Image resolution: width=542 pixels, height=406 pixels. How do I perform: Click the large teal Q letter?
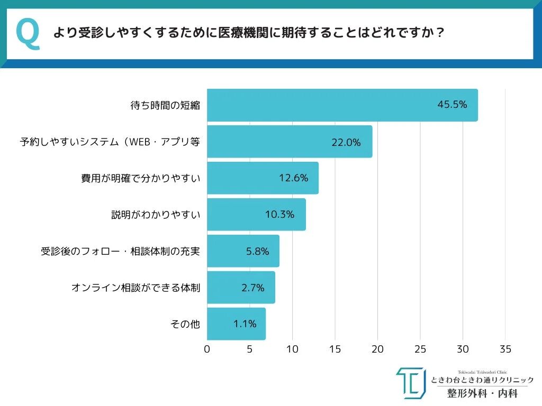(28, 34)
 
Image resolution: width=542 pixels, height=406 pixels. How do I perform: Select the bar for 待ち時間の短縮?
(342, 105)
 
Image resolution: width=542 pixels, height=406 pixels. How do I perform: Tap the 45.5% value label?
(452, 105)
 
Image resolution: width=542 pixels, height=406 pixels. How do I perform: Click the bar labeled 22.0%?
(289, 142)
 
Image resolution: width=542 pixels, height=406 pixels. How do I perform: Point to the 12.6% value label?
(294, 178)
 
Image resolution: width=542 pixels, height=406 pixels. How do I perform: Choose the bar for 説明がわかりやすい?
(256, 215)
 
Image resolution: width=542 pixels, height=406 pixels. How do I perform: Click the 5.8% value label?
(258, 251)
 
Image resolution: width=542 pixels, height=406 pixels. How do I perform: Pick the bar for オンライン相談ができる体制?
(241, 288)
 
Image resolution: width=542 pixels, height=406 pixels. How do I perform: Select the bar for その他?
(236, 324)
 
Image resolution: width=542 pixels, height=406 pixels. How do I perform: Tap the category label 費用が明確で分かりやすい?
(140, 179)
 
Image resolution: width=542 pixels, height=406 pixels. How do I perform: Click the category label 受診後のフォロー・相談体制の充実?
(121, 252)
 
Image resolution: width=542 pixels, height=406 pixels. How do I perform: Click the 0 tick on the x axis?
(207, 349)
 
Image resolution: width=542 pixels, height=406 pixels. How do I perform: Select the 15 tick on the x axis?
(335, 349)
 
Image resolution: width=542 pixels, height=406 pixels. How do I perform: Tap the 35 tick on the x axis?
(505, 349)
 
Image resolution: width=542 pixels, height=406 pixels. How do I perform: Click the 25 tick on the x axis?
(420, 349)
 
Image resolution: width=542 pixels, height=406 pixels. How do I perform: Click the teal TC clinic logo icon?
(410, 383)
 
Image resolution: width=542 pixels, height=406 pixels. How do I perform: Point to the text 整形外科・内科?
(482, 393)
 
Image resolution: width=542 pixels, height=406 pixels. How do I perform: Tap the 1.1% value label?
(245, 324)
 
